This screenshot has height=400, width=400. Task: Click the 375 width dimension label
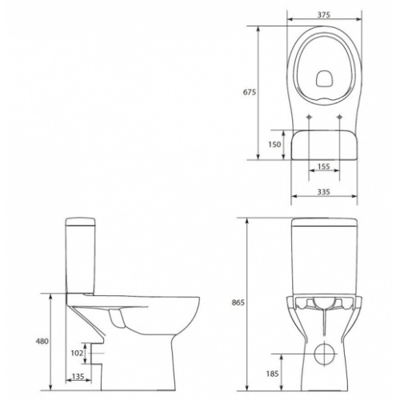(324, 14)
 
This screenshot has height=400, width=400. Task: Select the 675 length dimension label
(250, 92)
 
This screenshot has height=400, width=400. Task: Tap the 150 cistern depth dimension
(274, 145)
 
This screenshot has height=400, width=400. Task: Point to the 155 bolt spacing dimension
(324, 166)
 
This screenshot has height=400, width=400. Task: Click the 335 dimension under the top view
(324, 192)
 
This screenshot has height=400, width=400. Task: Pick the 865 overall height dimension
(238, 302)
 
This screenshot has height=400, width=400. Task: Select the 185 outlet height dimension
(272, 374)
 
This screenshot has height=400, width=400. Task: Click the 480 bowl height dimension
(42, 341)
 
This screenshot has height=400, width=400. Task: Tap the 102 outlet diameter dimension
(77, 353)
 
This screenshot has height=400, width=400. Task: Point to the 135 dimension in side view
(78, 377)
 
